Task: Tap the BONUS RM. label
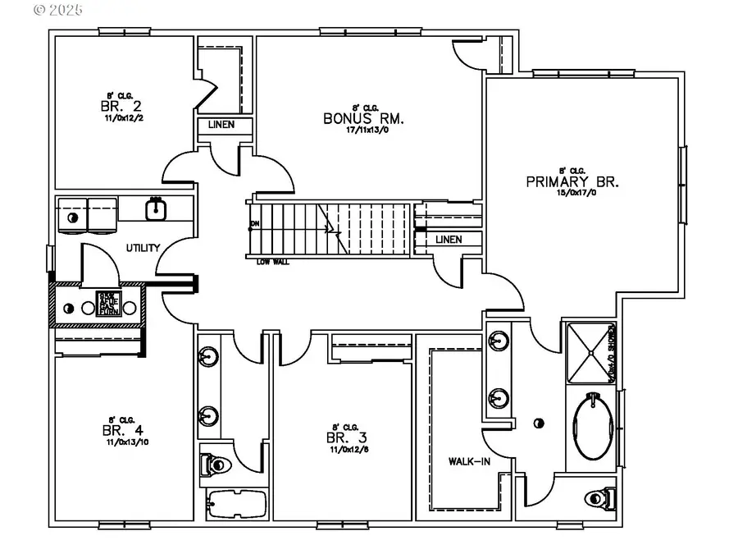pos(364,118)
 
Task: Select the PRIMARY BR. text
pos(572,182)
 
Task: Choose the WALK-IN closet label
pos(469,462)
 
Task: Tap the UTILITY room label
pos(143,248)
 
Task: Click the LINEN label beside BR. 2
pos(221,125)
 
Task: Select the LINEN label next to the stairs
pos(449,240)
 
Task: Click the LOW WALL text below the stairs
pos(272,263)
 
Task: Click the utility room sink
pos(156,209)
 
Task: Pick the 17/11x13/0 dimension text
pos(364,130)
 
